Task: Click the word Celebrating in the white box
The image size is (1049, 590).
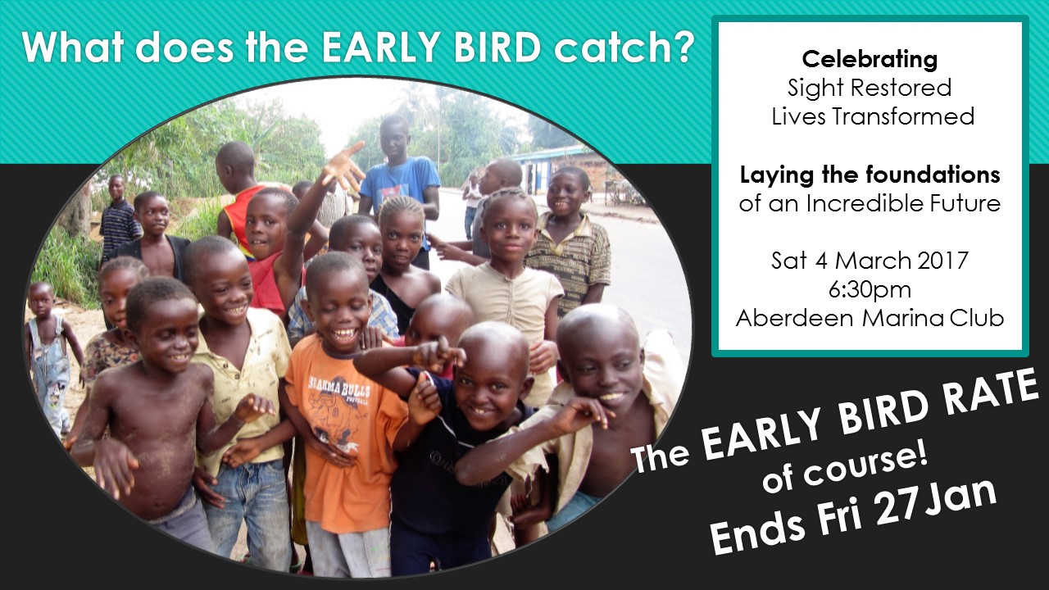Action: [x=870, y=60]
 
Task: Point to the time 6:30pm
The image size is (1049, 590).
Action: [x=870, y=290]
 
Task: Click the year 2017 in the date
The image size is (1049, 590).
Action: [x=942, y=261]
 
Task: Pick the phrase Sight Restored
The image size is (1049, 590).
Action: [x=870, y=88]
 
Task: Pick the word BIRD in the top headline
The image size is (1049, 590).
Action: [x=497, y=46]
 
